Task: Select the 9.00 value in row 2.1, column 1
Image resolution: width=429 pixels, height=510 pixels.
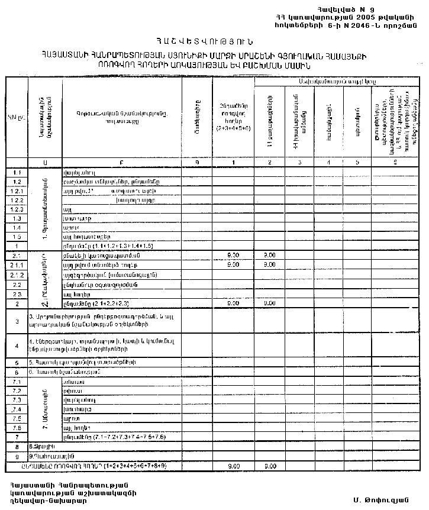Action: coord(233,255)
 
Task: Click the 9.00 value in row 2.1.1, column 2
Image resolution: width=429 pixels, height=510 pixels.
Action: coord(270,264)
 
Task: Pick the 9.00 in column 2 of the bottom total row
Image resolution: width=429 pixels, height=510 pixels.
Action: coord(270,466)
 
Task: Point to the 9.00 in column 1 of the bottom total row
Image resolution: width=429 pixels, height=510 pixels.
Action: coord(233,466)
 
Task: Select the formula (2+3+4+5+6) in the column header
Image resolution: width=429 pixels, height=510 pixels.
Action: coord(233,127)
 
